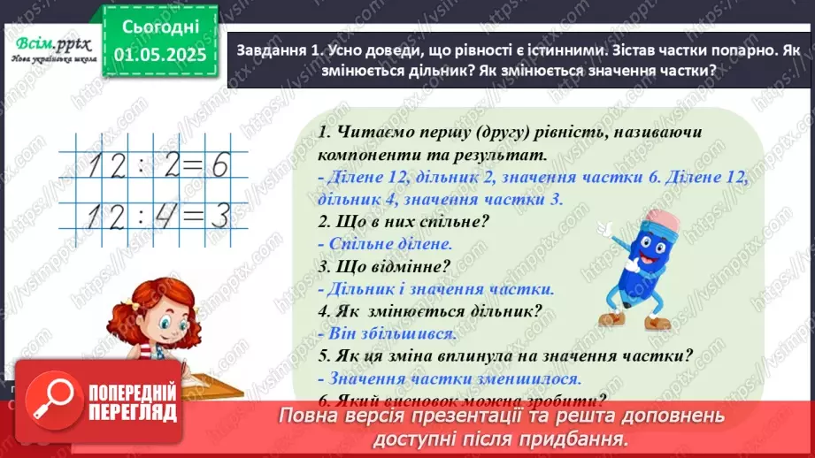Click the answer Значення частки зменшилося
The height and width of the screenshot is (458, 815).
[x=449, y=378]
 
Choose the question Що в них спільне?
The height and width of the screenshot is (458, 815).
[x=403, y=221]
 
